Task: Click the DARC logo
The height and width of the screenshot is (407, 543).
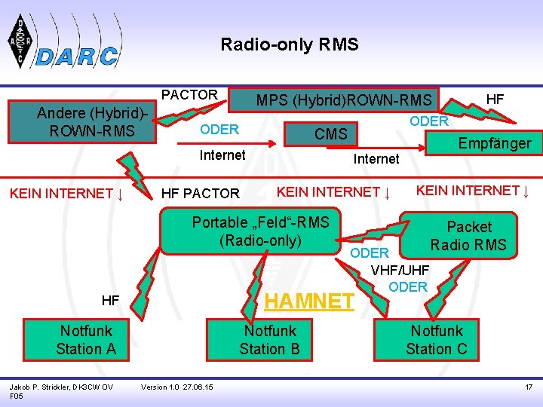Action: pos(63,44)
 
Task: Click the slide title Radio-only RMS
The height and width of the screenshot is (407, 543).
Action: pos(290,45)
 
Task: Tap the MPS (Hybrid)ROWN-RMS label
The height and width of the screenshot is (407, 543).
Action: pos(344,99)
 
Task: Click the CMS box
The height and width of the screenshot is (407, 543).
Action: pos(331,134)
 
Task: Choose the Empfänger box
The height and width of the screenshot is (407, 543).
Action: pos(495,143)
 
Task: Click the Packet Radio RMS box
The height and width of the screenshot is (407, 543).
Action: pos(469,235)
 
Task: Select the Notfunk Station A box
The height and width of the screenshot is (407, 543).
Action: pos(86,340)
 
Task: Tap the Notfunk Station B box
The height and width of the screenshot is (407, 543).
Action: pos(269,340)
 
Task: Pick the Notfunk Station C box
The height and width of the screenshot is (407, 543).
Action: pos(437,340)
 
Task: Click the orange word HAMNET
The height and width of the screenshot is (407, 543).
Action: pos(309,301)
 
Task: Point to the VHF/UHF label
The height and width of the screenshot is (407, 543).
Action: pos(400,270)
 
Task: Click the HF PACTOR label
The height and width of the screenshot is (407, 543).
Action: pos(201,194)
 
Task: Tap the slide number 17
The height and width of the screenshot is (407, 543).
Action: pos(529,387)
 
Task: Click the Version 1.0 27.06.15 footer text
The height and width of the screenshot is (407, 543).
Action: pos(177,387)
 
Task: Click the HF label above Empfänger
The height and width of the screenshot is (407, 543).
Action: pos(495,99)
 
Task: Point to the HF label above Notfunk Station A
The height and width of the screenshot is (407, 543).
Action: pos(111,300)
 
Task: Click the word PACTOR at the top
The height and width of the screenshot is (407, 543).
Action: pos(190,95)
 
